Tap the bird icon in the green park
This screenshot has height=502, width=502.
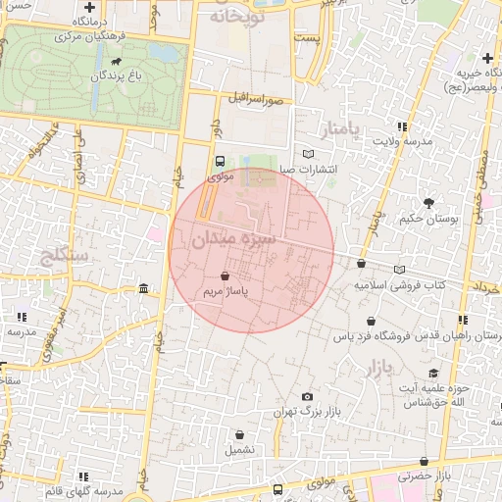pos(118,61)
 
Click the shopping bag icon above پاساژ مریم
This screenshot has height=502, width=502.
pos(226,276)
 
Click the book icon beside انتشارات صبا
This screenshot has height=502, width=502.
pos(309,154)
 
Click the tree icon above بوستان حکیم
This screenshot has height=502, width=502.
pos(429,203)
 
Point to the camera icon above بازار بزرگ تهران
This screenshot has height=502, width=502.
pos(307,396)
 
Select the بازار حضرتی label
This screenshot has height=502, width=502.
pos(424,476)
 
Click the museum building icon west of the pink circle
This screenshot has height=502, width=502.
pos(144,288)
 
